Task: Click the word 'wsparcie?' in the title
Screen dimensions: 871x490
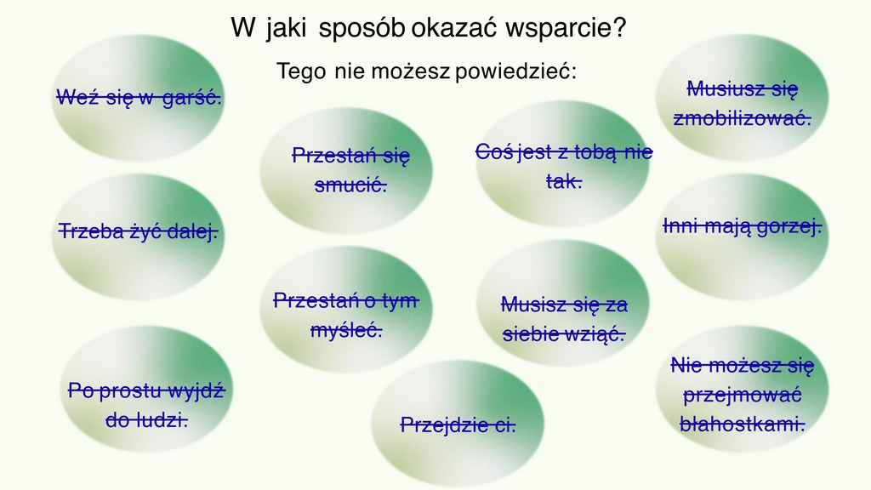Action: [x=566, y=28]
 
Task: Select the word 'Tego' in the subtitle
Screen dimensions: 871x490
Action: [x=300, y=71]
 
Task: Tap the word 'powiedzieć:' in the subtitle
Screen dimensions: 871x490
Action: [x=515, y=71]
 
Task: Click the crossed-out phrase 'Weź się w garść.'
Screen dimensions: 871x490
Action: [x=139, y=97]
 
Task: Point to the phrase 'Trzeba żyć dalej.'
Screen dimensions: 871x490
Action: [x=139, y=231]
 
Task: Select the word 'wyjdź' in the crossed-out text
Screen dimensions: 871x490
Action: [x=196, y=390]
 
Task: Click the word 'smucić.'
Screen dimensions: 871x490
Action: [x=350, y=185]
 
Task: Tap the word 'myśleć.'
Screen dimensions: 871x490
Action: [x=346, y=330]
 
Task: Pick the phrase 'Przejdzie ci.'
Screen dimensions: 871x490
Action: [x=458, y=425]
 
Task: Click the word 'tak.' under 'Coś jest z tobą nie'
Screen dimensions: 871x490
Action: [x=564, y=180]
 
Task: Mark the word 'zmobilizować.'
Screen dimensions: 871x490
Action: [x=742, y=117]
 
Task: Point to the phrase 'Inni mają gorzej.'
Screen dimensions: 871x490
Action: [x=742, y=226]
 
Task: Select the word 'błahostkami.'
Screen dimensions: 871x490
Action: [x=742, y=424]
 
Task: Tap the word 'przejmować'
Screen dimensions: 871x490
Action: [x=742, y=395]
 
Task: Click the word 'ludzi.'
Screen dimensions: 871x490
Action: [x=146, y=420]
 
